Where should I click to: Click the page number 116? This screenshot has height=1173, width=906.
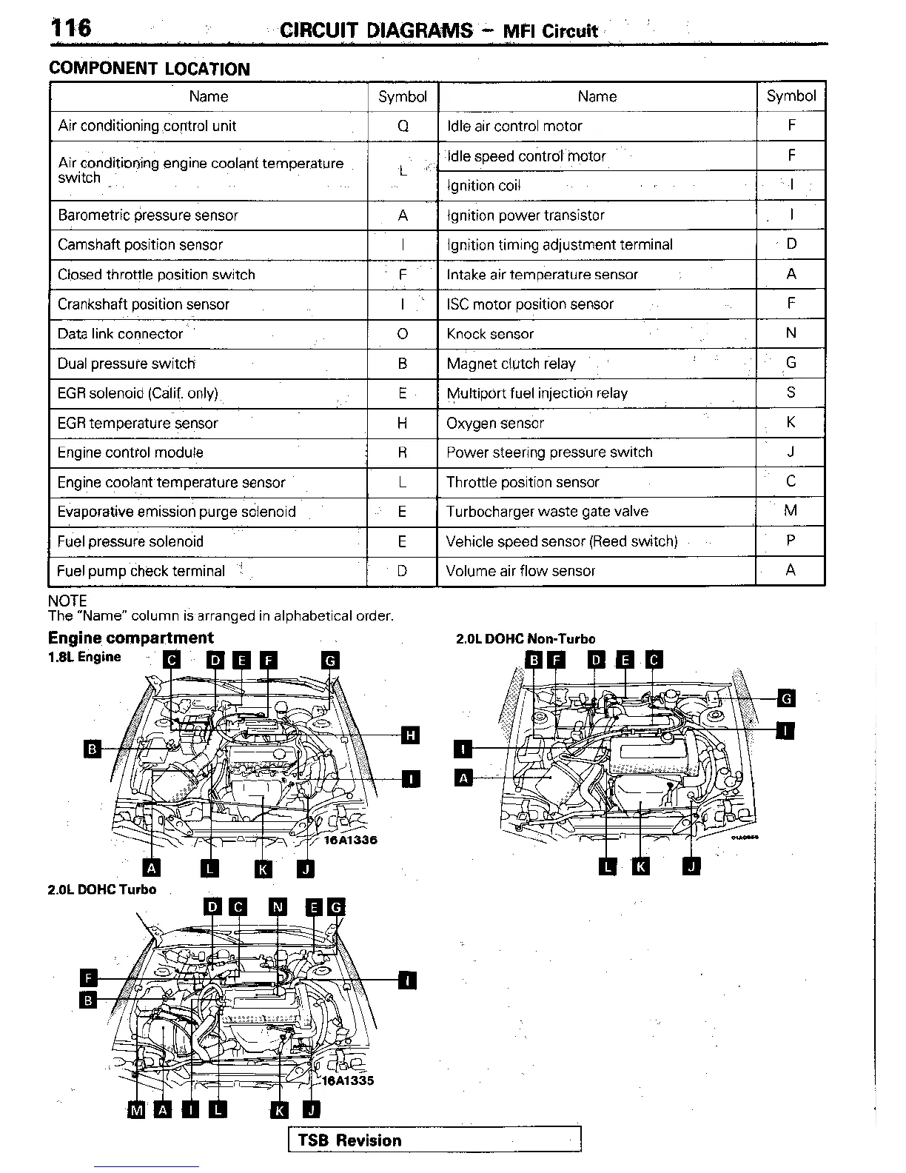coord(71,28)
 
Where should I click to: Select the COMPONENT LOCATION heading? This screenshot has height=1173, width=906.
coord(149,69)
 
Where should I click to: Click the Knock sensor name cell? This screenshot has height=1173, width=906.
coord(490,334)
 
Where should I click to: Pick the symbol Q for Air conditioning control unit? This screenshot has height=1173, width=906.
coord(403,126)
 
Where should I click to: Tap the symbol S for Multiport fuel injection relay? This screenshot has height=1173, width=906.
coord(791,392)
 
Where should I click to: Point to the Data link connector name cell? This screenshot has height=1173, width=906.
coord(120,334)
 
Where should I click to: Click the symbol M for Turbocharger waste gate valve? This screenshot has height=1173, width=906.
coord(791,511)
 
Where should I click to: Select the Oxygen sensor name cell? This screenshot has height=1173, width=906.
coord(495,423)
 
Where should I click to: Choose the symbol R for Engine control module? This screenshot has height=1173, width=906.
coord(403,452)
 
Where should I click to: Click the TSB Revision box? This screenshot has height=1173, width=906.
coord(434,1140)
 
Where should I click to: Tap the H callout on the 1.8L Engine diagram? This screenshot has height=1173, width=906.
coord(410,735)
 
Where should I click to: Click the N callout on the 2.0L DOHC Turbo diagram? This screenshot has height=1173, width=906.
coord(278,907)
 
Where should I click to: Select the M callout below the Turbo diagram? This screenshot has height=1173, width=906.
coord(137,1109)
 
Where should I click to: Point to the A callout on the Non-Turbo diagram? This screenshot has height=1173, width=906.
coord(463,778)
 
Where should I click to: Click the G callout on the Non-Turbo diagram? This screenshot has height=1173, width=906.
coord(786,698)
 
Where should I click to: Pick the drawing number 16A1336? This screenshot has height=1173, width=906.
coord(351,840)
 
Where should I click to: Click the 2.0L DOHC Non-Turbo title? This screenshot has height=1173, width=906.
coord(526,639)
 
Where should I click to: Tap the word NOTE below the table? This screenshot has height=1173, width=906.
coord(67,601)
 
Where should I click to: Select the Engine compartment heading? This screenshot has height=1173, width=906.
coord(130,638)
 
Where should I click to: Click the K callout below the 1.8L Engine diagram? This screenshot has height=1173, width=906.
coord(263,869)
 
